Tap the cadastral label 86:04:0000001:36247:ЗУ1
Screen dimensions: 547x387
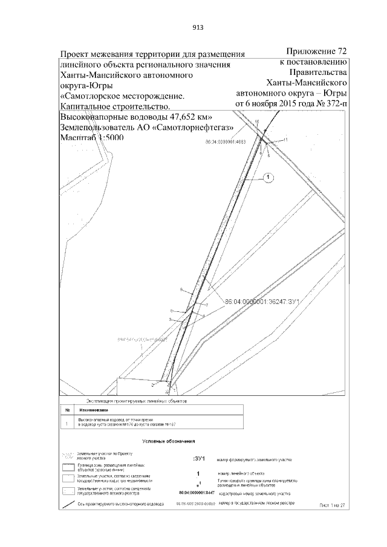262,301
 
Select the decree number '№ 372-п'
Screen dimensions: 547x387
329,104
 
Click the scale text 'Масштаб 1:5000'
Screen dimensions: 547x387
91,138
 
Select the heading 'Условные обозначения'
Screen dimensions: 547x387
167,442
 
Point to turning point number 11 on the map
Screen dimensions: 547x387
285,140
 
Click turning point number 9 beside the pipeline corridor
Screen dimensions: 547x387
181,291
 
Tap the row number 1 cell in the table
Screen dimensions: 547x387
67,423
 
